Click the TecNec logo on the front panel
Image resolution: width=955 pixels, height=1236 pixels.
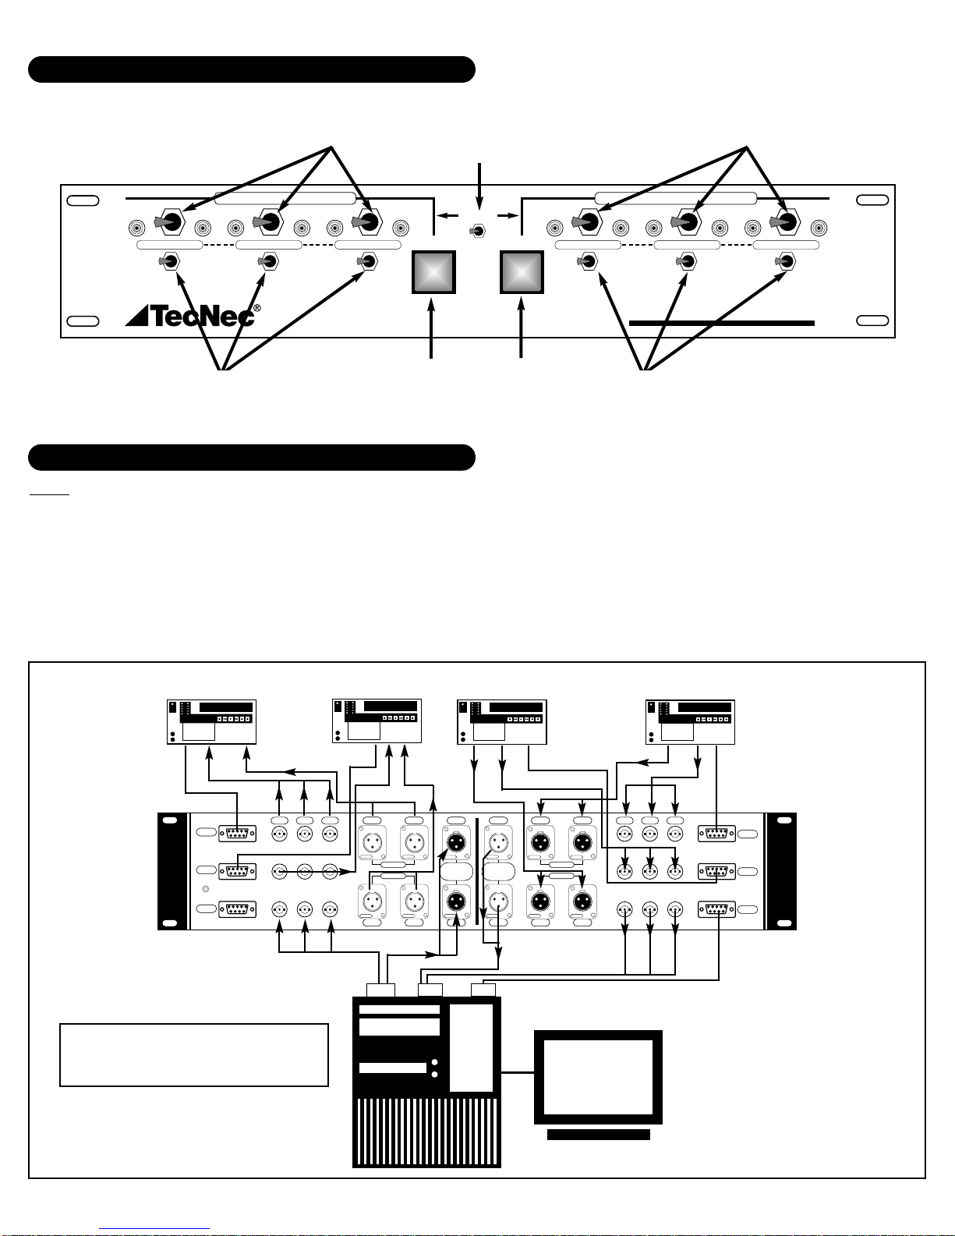pyautogui.click(x=189, y=316)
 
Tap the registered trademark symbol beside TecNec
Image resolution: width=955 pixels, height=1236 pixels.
pyautogui.click(x=257, y=308)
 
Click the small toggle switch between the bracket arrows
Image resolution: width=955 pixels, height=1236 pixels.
pyautogui.click(x=477, y=231)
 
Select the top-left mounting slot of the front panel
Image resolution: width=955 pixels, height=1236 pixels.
pyautogui.click(x=83, y=200)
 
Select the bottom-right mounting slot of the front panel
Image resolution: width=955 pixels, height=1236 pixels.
pyautogui.click(x=872, y=321)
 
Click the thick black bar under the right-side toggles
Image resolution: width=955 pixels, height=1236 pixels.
pyautogui.click(x=722, y=323)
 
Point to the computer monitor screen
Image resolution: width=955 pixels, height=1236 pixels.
pyautogui.click(x=598, y=1077)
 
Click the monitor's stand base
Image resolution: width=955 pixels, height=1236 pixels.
pyautogui.click(x=599, y=1135)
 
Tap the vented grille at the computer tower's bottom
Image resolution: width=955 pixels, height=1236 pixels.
pyautogui.click(x=426, y=1132)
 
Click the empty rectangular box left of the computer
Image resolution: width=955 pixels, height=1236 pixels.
pyautogui.click(x=194, y=1055)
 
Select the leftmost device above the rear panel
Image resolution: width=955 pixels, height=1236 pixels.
pyautogui.click(x=211, y=722)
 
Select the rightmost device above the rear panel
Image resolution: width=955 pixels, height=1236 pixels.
pyautogui.click(x=690, y=722)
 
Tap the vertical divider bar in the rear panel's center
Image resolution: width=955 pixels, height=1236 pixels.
pyautogui.click(x=476, y=871)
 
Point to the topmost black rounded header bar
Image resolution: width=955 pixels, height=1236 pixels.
pyautogui.click(x=251, y=69)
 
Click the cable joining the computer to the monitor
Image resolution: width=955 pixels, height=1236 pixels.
pyautogui.click(x=518, y=1072)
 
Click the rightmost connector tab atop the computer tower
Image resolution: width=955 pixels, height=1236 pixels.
pyautogui.click(x=483, y=990)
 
